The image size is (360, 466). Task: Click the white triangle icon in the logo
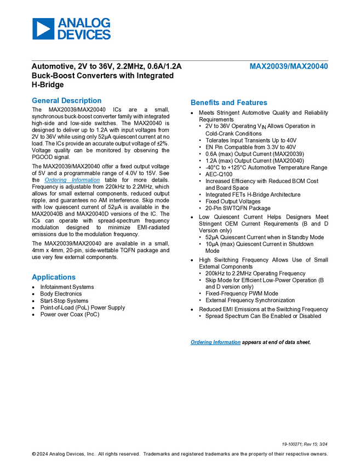(x=43, y=29)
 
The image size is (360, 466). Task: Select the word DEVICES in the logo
(x=84, y=35)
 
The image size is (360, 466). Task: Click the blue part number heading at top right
(x=289, y=66)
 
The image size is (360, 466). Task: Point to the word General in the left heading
(x=44, y=101)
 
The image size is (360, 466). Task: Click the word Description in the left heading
(x=82, y=101)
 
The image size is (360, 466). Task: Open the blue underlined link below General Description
(x=72, y=180)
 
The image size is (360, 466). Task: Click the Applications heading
(x=53, y=277)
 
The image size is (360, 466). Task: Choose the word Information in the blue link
(x=226, y=343)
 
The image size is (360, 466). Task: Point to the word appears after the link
(x=252, y=343)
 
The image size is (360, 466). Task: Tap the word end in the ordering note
(x=272, y=343)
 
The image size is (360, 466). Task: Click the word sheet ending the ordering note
(x=304, y=343)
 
